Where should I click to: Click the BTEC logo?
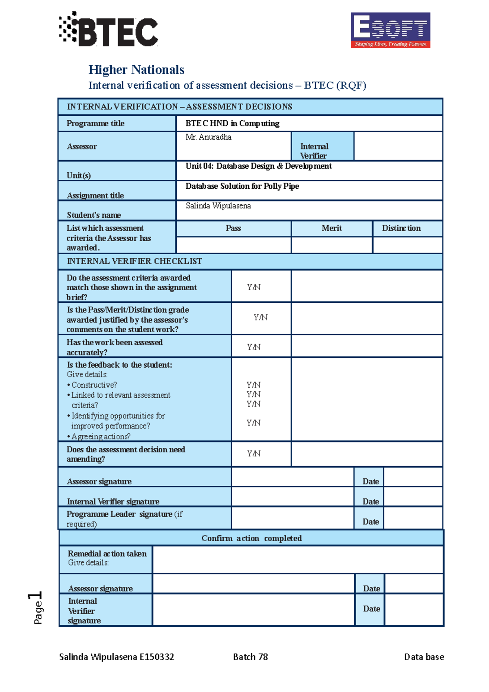click(x=109, y=30)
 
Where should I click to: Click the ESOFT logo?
click(x=390, y=30)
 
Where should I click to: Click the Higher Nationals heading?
click(x=136, y=70)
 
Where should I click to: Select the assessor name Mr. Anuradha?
click(x=208, y=137)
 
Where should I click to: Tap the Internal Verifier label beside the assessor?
click(x=314, y=151)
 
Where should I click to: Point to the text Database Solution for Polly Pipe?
click(x=242, y=186)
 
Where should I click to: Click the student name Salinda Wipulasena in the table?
click(x=218, y=206)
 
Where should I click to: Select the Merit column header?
click(x=331, y=228)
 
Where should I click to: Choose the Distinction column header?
click(x=401, y=228)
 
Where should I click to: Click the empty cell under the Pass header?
click(x=233, y=245)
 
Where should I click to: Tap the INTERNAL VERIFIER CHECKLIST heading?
click(x=134, y=261)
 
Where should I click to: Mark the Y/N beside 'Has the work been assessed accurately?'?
click(x=253, y=347)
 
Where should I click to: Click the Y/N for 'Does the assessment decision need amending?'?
click(x=253, y=454)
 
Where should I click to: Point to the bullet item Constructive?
click(x=94, y=385)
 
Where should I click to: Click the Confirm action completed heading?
click(x=251, y=538)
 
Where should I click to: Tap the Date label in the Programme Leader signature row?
click(x=370, y=522)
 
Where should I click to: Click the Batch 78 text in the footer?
click(x=250, y=657)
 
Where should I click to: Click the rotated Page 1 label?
click(x=36, y=607)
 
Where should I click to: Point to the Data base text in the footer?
click(x=424, y=657)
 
